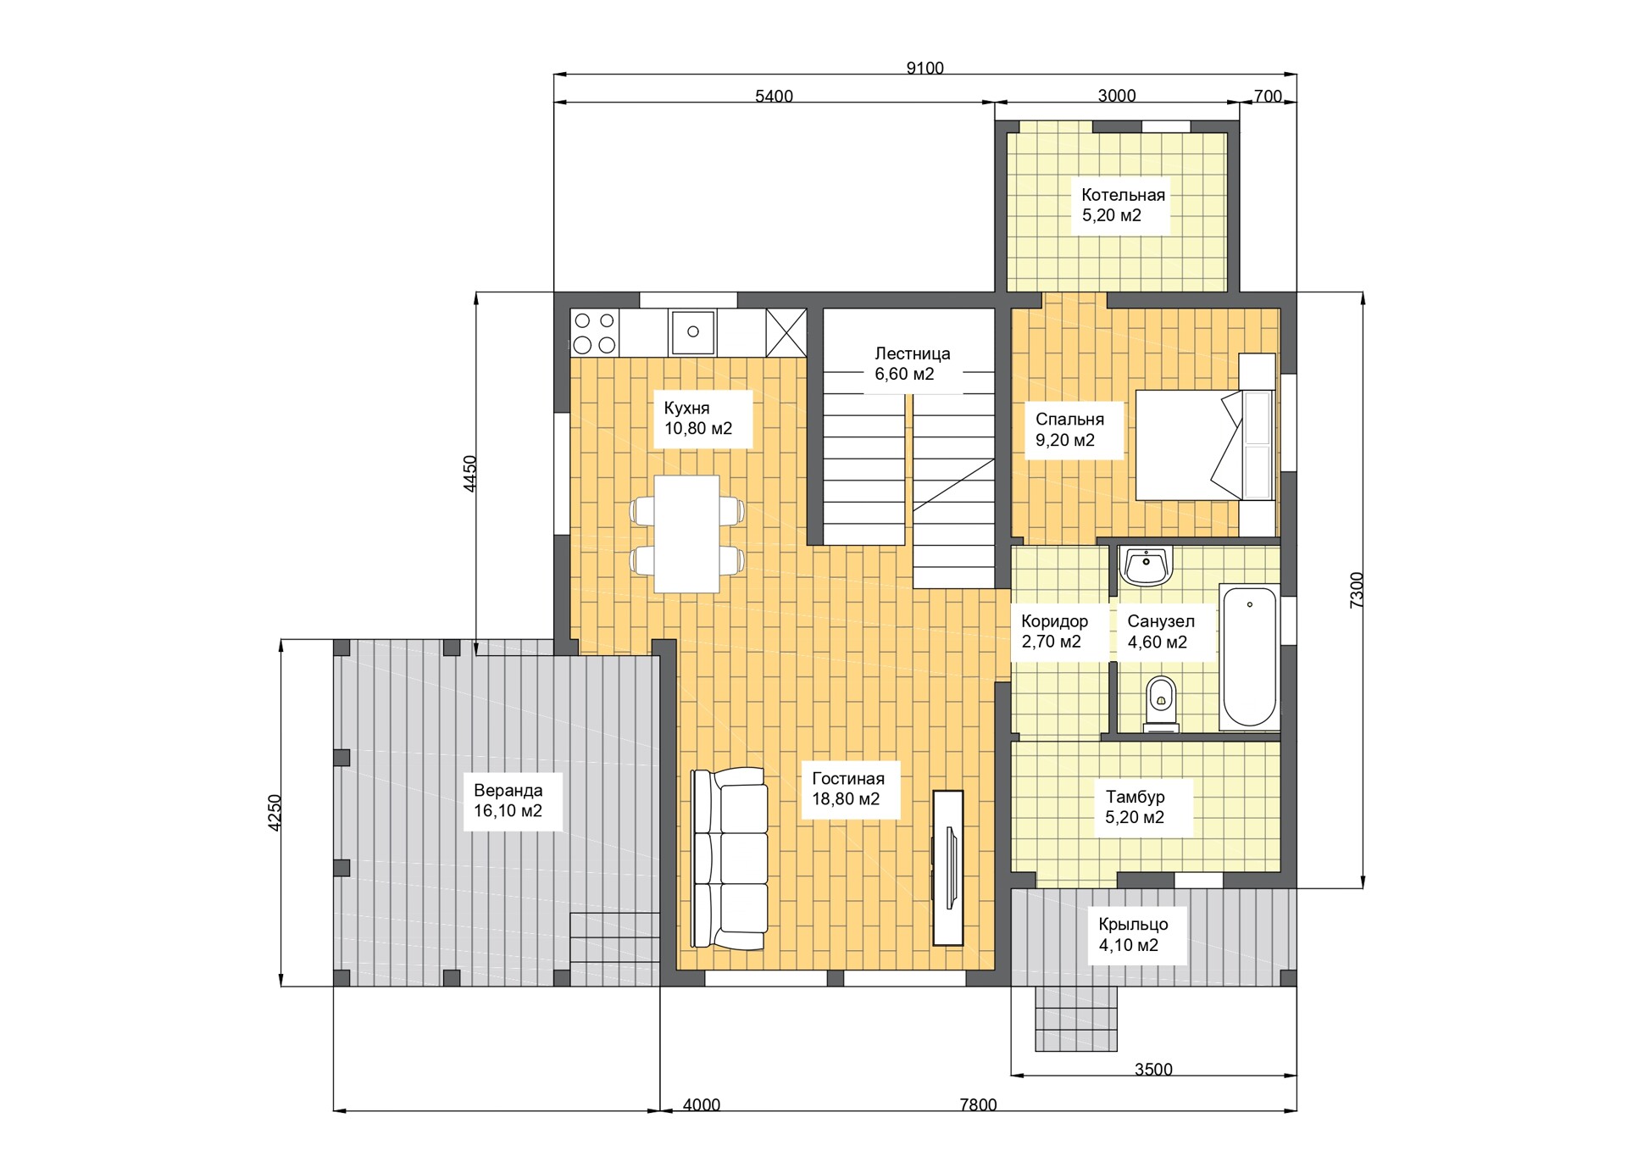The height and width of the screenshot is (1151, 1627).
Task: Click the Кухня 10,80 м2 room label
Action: [x=697, y=418]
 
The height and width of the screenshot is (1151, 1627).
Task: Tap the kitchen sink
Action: [x=692, y=331]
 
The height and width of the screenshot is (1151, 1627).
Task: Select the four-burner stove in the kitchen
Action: [x=595, y=332]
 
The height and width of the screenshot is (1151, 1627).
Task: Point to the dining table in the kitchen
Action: [x=686, y=534]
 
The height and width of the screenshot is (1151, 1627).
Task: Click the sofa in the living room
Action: [x=730, y=858]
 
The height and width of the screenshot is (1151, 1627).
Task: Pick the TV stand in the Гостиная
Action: [x=948, y=868]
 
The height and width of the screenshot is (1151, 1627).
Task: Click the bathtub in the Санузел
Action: [x=1249, y=657]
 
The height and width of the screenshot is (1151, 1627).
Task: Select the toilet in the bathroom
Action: [x=1160, y=704]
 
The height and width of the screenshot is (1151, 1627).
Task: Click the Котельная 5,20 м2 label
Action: [x=1123, y=205]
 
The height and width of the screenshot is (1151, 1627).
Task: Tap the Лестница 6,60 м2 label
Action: [x=912, y=364]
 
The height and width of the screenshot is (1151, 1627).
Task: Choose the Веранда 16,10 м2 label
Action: [x=508, y=800]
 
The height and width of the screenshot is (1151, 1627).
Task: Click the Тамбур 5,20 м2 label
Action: [x=1135, y=807]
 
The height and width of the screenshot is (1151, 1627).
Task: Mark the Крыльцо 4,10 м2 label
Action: [x=1133, y=934]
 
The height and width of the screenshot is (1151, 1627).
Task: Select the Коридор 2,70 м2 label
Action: [x=1054, y=631]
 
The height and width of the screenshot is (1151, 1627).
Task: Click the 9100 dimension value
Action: [x=925, y=68]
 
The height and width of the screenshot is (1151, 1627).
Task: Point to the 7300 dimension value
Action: [x=1357, y=590]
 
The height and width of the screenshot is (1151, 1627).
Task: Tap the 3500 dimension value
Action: [x=1153, y=1070]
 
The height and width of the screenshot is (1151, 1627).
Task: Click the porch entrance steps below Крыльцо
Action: [x=1075, y=1019]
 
